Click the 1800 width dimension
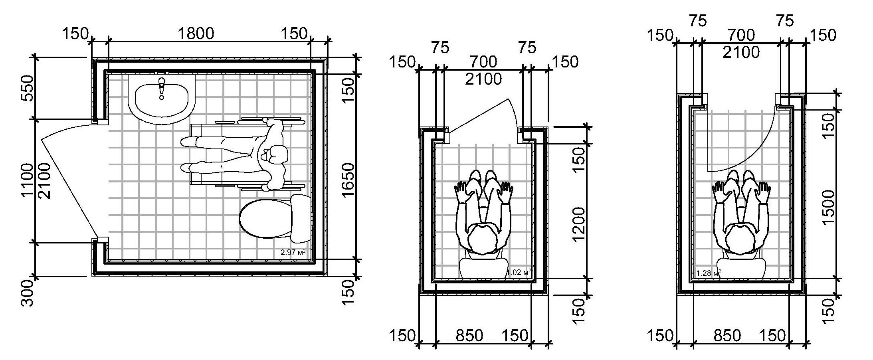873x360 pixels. tap(196, 34)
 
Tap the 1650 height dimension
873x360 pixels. tap(348, 180)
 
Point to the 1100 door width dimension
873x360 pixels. tap(28, 180)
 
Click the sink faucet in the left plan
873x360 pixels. tap(162, 88)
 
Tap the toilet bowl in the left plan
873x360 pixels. tap(265, 220)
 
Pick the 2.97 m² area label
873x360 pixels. tap(293, 252)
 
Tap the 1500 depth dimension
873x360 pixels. tap(828, 208)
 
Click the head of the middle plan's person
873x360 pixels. tap(483, 240)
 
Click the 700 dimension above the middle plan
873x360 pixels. tap(483, 62)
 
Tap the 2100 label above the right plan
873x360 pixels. tap(741, 52)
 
